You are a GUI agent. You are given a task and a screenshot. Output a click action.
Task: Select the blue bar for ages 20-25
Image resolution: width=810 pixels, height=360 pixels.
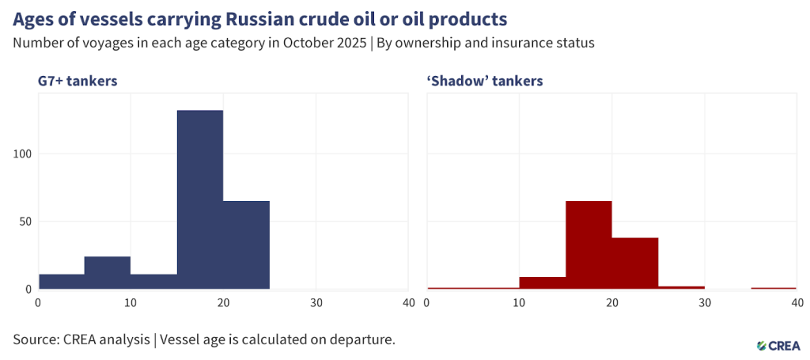[246, 244]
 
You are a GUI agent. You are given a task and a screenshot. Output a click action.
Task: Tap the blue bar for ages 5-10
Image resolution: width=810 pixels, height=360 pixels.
[108, 272]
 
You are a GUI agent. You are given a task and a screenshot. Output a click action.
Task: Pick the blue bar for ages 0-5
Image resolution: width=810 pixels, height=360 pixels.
[62, 281]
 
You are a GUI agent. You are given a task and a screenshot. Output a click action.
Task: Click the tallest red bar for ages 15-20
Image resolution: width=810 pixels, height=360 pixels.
[589, 244]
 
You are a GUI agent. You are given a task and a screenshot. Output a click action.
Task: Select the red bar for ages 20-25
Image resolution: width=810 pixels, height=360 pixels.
[634, 263]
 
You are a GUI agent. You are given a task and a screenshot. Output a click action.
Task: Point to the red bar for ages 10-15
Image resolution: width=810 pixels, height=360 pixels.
[543, 282]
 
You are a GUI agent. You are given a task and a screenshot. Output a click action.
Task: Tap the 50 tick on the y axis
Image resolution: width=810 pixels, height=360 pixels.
[26, 222]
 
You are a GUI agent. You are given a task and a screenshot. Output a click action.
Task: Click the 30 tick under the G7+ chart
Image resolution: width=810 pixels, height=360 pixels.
[316, 302]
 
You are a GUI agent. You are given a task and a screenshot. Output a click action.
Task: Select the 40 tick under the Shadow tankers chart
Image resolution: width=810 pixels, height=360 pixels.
[797, 302]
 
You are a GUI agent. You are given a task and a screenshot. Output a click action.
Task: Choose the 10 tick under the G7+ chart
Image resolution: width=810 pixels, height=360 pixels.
[131, 302]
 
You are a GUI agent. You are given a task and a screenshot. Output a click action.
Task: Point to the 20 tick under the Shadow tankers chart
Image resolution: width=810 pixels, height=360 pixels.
[611, 302]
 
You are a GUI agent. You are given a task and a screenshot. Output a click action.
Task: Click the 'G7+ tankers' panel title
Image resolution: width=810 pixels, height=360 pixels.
[78, 81]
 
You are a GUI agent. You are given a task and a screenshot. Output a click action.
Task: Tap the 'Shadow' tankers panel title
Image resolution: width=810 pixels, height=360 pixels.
[484, 81]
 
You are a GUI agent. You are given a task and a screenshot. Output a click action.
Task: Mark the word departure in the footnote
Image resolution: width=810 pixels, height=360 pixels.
[362, 340]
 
